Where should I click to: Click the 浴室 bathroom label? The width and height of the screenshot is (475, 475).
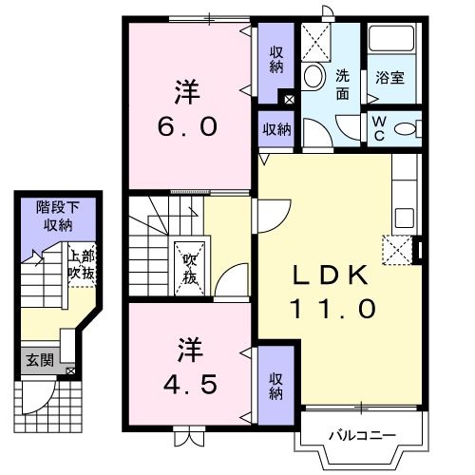pos(389,78)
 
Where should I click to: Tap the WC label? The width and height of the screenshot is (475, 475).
pos(379,128)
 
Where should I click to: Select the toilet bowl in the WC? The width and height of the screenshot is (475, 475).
pos(405,129)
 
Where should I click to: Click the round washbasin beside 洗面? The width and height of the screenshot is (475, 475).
pos(314,76)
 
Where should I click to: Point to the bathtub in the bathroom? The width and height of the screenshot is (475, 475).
pos(391,39)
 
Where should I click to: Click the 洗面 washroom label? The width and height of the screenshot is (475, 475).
pos(342,85)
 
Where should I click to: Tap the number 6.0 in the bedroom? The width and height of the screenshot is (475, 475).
pos(187,126)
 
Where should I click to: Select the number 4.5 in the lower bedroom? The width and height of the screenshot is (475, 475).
pos(190,384)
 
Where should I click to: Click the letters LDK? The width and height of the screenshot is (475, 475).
pos(331,275)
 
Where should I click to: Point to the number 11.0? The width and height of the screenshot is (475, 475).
pos(333,309)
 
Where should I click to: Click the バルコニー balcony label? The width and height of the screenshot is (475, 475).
pos(362,436)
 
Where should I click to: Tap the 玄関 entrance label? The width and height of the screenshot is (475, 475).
pos(40,360)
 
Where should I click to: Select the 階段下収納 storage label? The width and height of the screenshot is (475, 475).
pos(58,217)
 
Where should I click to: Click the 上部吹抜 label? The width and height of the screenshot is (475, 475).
pos(82,265)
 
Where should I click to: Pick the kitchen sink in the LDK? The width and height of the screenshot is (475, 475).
pos(405,218)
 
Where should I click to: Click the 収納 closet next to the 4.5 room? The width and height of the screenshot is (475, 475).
pos(276,386)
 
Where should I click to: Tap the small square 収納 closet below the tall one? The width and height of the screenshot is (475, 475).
pos(276,129)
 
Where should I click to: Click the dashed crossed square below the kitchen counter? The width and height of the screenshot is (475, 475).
pos(398,250)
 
